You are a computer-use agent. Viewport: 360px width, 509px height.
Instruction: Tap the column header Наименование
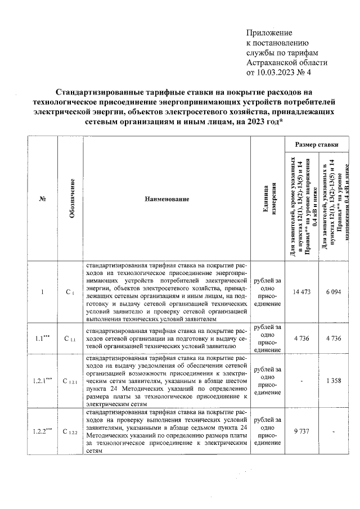(166, 199)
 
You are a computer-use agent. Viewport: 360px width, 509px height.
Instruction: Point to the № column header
(43, 199)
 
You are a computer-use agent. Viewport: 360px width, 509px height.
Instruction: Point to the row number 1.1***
(43, 339)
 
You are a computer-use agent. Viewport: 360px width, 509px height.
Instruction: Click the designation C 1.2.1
(71, 382)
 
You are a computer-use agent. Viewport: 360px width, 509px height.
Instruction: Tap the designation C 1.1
(70, 339)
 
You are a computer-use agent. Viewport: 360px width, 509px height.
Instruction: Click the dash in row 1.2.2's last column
(332, 431)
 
